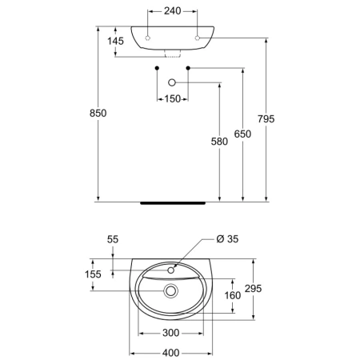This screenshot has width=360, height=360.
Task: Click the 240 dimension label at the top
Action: pyautogui.click(x=173, y=11)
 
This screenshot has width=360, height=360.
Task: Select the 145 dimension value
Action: pyautogui.click(x=115, y=41)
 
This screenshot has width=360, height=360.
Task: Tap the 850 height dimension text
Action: pyautogui.click(x=98, y=114)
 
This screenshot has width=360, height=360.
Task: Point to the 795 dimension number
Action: pyautogui.click(x=266, y=119)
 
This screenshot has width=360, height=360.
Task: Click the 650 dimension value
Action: pyautogui.click(x=242, y=134)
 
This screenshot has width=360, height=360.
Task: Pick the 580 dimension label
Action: pyautogui.click(x=219, y=142)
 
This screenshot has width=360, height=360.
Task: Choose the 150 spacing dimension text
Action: pyautogui.click(x=173, y=99)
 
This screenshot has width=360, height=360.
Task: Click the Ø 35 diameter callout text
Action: pyautogui.click(x=227, y=239)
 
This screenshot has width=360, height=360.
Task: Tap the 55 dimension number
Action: pyautogui.click(x=113, y=239)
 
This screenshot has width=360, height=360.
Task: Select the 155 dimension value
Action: pyautogui.click(x=93, y=274)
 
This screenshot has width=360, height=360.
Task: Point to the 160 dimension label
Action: pyautogui.click(x=233, y=295)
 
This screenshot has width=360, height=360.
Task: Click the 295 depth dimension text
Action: pyautogui.click(x=254, y=289)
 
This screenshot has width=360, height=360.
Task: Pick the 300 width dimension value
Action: pyautogui.click(x=171, y=333)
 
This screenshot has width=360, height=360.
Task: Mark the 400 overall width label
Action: pyautogui.click(x=171, y=353)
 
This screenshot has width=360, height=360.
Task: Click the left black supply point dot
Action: pyautogui.click(x=157, y=68)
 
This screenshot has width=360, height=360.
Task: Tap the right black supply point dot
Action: pyautogui.click(x=188, y=68)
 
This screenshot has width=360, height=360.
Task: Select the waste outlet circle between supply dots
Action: pyautogui.click(x=172, y=82)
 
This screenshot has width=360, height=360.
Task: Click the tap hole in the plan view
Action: pyautogui.click(x=170, y=270)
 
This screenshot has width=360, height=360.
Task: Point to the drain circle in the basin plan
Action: pyautogui.click(x=170, y=291)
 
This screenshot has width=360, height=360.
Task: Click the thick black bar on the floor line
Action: pyautogui.click(x=173, y=203)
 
